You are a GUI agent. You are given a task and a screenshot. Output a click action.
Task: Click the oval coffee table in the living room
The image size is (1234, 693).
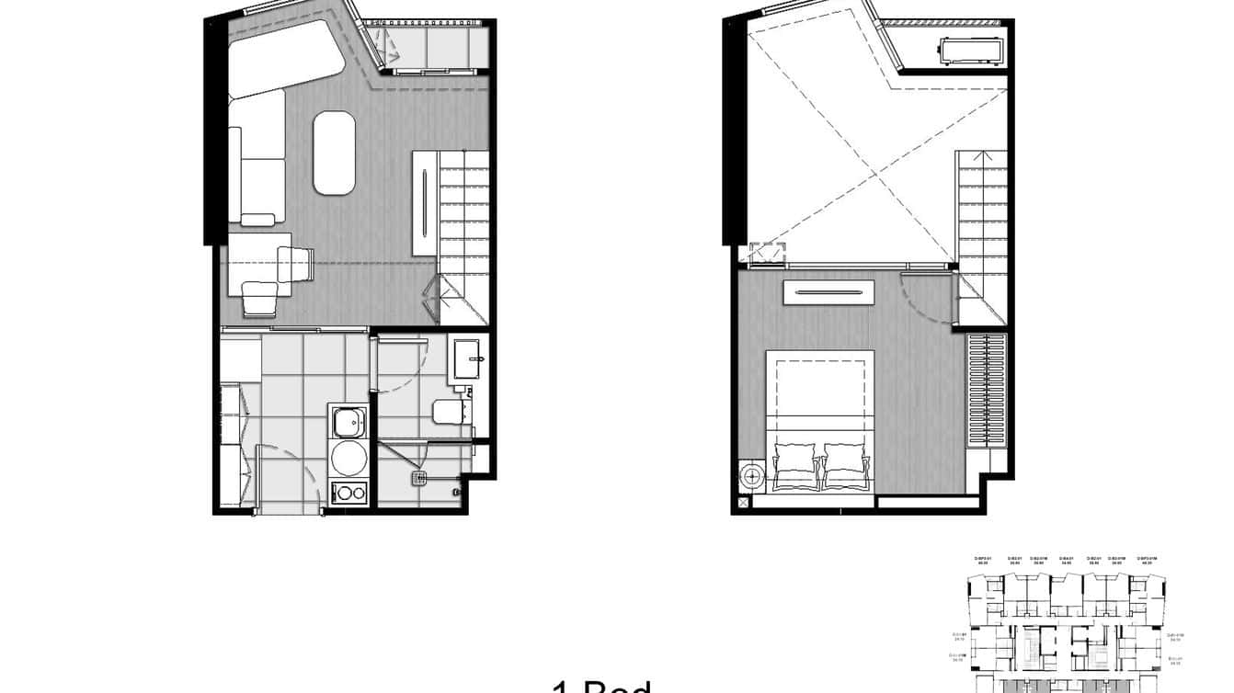[x=334, y=153]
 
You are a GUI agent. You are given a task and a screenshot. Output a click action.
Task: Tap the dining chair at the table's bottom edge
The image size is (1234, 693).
[x=259, y=299]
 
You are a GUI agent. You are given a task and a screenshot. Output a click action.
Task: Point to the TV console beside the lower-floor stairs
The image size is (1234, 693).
[x=424, y=203]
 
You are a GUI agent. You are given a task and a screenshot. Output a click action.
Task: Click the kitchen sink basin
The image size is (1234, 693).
[x=348, y=423]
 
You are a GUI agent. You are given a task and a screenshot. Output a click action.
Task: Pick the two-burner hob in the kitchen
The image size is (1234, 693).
[x=348, y=492]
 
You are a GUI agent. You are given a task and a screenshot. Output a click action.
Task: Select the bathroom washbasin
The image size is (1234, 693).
[x=468, y=358]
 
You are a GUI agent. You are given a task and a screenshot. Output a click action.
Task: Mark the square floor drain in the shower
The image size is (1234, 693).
[x=420, y=478]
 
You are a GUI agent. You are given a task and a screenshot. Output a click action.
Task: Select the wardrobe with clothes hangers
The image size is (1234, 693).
[x=987, y=390]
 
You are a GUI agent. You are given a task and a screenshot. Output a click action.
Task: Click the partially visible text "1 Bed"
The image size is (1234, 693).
[x=602, y=686]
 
